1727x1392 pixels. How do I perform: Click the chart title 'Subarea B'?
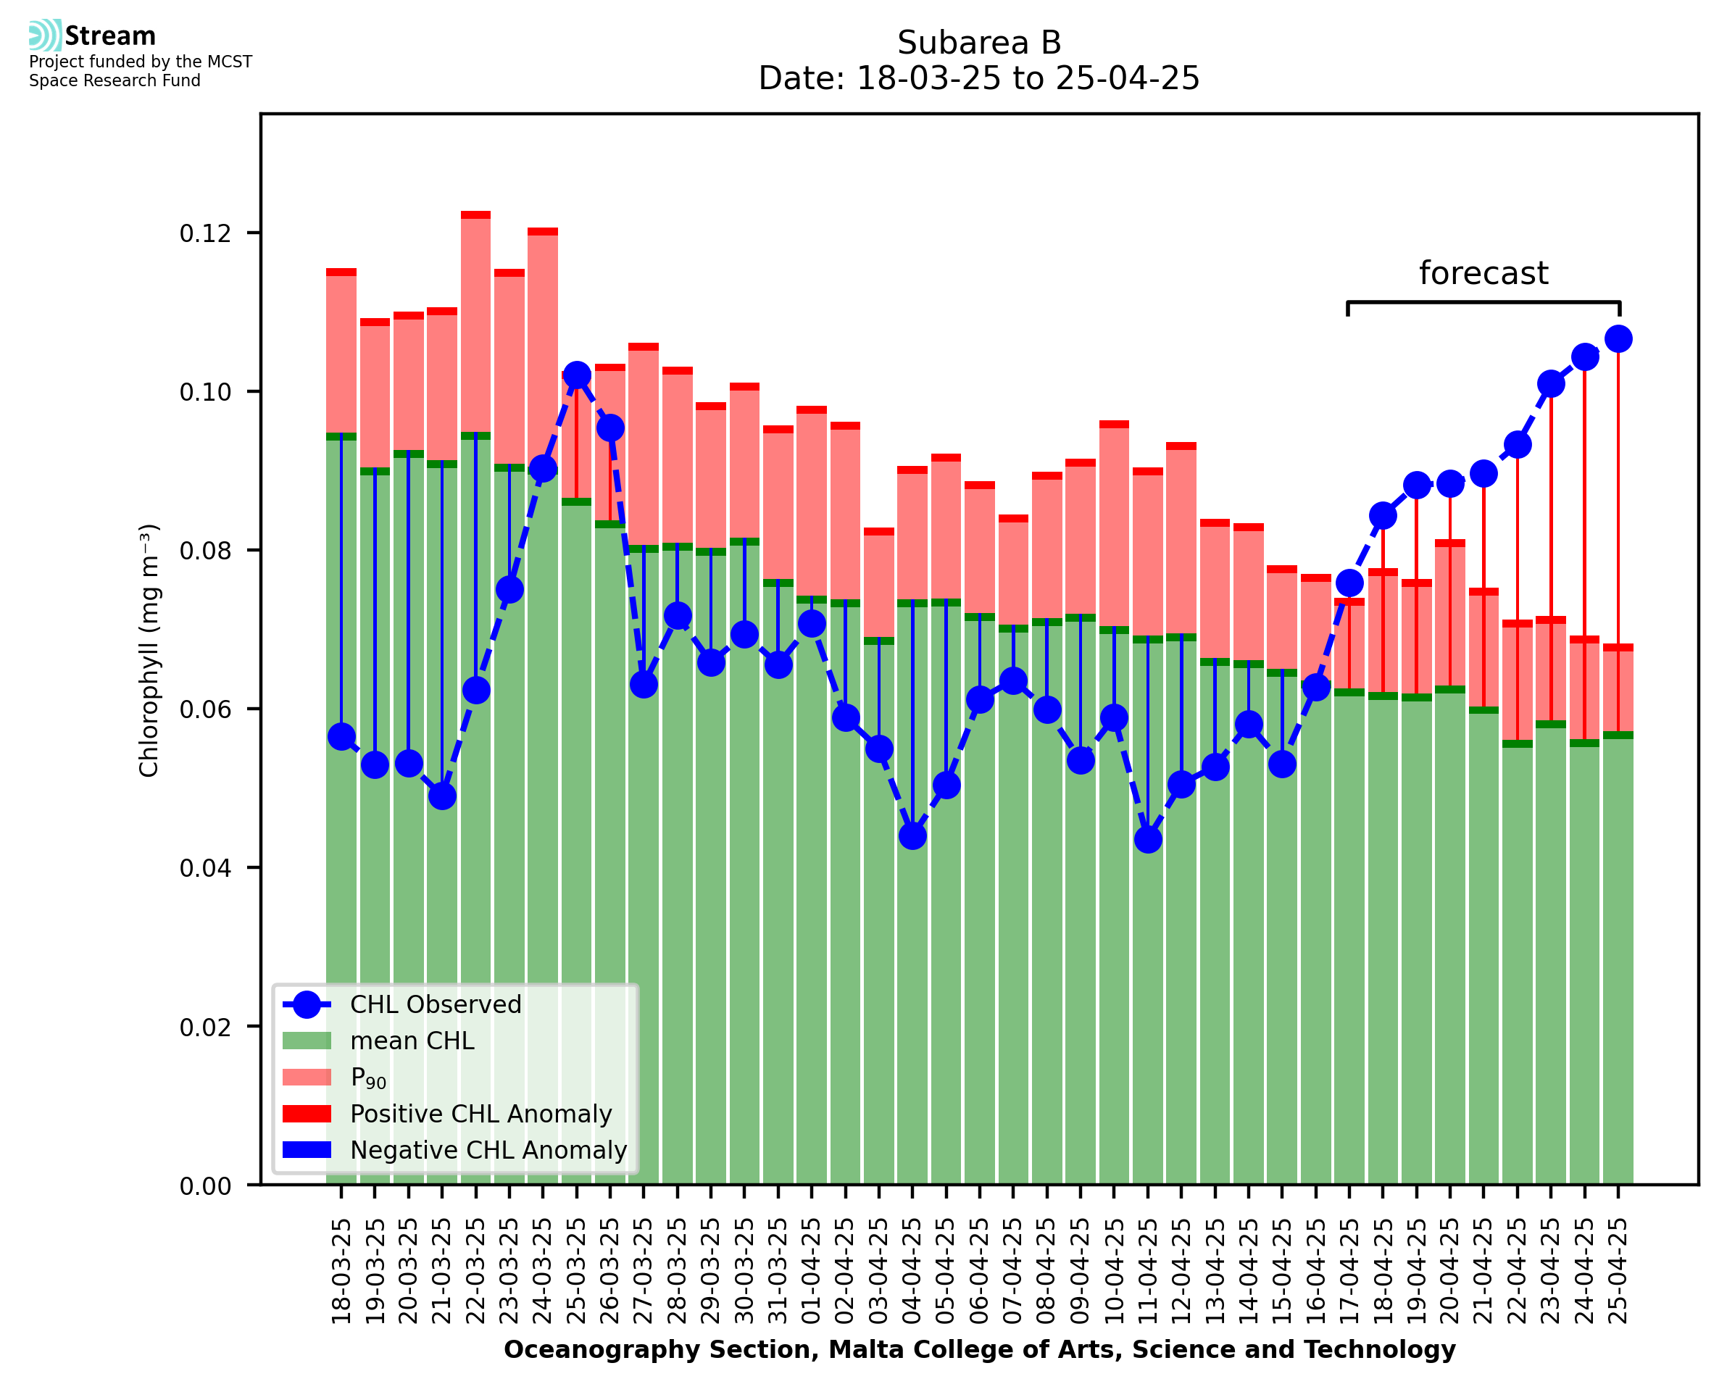pos(978,43)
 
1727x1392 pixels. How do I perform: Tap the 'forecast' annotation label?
pos(1483,273)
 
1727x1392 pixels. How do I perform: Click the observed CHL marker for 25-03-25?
pos(576,375)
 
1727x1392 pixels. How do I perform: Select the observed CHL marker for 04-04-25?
pos(912,836)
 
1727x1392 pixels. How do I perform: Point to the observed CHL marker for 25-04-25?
pos(1618,339)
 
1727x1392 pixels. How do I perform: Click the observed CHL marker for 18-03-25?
pos(341,737)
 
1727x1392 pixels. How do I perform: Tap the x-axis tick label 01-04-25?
pos(812,1271)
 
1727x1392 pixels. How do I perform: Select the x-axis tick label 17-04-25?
pos(1349,1271)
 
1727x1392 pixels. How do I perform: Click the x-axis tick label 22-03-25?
pos(475,1271)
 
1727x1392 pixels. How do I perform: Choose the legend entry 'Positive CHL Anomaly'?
pos(480,1114)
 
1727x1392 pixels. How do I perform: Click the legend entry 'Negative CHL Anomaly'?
pos(488,1150)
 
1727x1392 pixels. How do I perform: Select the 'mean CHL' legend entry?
pos(412,1041)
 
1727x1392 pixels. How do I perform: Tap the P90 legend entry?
pos(368,1078)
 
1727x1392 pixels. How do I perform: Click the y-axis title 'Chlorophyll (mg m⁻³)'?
pos(149,650)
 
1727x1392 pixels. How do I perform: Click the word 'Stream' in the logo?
pos(110,36)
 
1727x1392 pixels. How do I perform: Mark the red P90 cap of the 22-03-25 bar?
pos(475,215)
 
